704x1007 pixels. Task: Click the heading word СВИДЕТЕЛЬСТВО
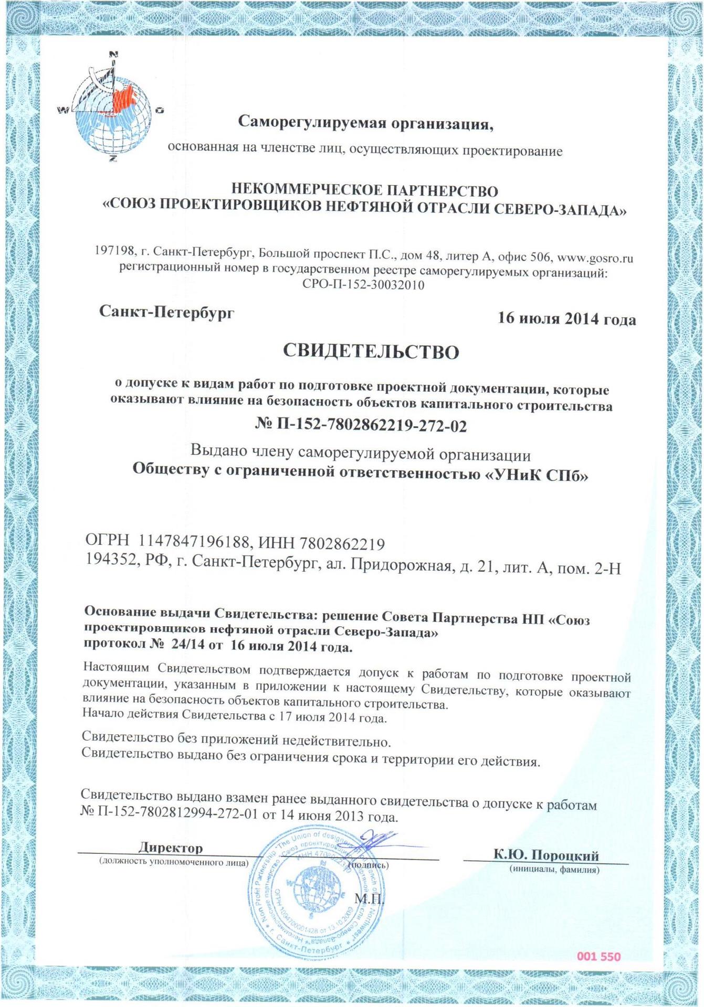(371, 351)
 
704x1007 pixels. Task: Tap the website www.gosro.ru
(595, 258)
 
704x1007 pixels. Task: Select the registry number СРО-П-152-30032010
(363, 285)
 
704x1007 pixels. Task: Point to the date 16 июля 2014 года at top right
(567, 319)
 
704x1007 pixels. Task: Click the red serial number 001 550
(598, 957)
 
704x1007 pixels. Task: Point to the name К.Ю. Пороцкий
(546, 855)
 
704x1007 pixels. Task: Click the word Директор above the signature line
(171, 847)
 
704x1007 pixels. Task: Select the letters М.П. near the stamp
(370, 900)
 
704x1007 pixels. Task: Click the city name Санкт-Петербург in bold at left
(167, 313)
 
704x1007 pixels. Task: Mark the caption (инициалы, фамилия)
(554, 870)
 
